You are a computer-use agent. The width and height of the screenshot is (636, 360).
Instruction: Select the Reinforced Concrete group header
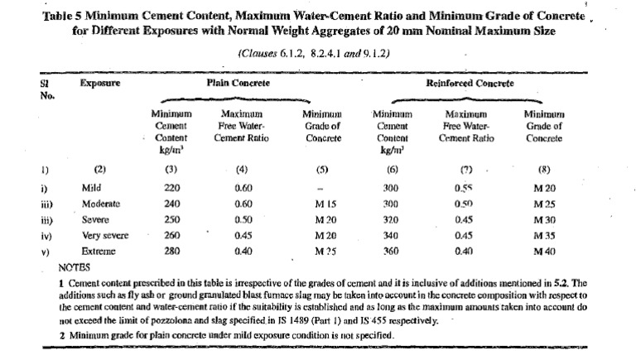point(469,84)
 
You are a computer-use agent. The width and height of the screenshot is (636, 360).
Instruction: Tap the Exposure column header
point(99,84)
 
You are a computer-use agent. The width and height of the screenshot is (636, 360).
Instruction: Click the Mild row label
point(91,188)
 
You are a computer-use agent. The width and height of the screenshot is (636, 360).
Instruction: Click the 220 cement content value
point(171,188)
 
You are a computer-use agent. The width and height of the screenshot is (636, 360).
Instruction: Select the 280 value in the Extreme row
point(171,248)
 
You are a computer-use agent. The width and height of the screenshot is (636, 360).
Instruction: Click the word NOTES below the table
point(77,267)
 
